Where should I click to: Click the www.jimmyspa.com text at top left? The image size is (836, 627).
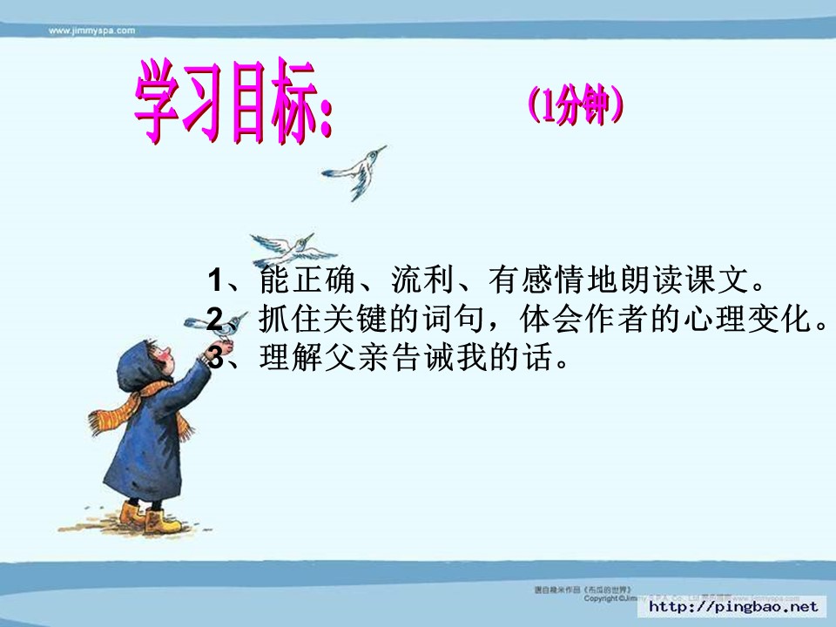[x=91, y=30]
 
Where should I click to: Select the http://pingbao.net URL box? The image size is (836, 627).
[x=734, y=606]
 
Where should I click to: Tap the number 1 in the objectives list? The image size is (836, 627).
[x=216, y=281]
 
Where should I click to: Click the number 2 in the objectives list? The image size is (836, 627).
[x=216, y=319]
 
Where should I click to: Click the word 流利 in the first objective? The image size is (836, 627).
[x=425, y=281]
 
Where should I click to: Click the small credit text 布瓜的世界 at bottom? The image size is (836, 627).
[x=610, y=590]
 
